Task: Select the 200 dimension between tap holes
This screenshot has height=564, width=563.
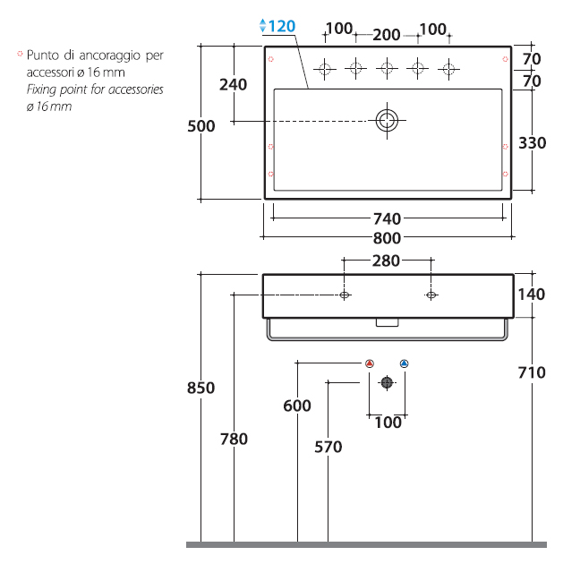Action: tap(387, 35)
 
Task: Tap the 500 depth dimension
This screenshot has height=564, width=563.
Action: tap(201, 126)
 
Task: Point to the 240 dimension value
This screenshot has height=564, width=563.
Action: tap(234, 85)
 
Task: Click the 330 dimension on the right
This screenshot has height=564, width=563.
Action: tap(532, 143)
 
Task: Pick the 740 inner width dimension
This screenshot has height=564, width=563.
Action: tap(387, 218)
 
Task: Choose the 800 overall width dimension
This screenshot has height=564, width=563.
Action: tap(387, 238)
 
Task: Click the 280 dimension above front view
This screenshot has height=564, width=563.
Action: tap(386, 261)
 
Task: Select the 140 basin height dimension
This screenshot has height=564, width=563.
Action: tap(532, 295)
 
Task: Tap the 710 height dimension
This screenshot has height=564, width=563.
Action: tap(532, 372)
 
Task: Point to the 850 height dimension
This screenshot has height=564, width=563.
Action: tap(200, 388)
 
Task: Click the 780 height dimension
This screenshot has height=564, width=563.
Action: tap(234, 439)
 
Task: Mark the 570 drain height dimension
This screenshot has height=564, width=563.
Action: tap(328, 447)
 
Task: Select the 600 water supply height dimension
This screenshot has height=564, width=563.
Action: tap(297, 406)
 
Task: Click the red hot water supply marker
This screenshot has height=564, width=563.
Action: tap(370, 363)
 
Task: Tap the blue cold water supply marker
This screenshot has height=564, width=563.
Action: tap(404, 363)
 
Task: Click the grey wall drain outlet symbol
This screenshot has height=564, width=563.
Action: tap(387, 382)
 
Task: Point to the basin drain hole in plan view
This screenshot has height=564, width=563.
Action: tap(387, 121)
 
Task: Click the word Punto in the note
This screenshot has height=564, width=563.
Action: tap(42, 55)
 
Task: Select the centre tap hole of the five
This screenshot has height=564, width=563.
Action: tap(387, 68)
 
